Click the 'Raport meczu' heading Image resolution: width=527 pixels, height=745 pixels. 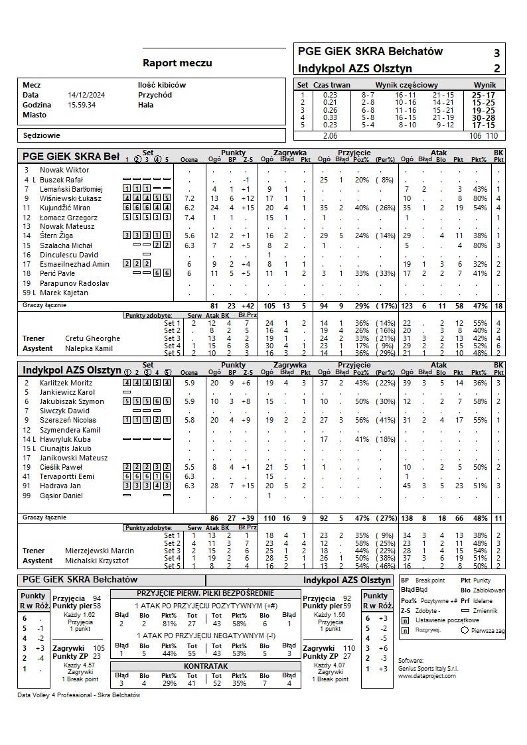(177, 63)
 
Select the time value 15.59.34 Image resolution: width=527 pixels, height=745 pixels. (82, 105)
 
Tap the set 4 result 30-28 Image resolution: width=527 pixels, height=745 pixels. (483, 118)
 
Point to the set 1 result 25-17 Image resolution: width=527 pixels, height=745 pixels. (483, 96)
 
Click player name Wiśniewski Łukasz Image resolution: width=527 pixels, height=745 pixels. (70, 198)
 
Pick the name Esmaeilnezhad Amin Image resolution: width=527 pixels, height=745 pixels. (74, 264)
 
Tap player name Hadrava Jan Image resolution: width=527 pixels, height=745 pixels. (60, 486)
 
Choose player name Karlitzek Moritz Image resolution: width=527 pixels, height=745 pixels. (66, 383)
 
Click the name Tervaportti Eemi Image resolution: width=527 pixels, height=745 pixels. (67, 476)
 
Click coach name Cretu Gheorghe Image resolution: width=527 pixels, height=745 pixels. (92, 338)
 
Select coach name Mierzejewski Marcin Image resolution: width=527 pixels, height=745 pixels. (99, 551)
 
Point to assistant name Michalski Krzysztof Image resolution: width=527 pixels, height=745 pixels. (97, 561)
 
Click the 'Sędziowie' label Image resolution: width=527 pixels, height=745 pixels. (41, 135)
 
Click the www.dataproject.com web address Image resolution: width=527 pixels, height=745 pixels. (427, 675)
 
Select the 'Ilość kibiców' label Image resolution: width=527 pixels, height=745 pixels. (162, 85)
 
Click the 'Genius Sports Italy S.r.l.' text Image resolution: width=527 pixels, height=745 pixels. (428, 668)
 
